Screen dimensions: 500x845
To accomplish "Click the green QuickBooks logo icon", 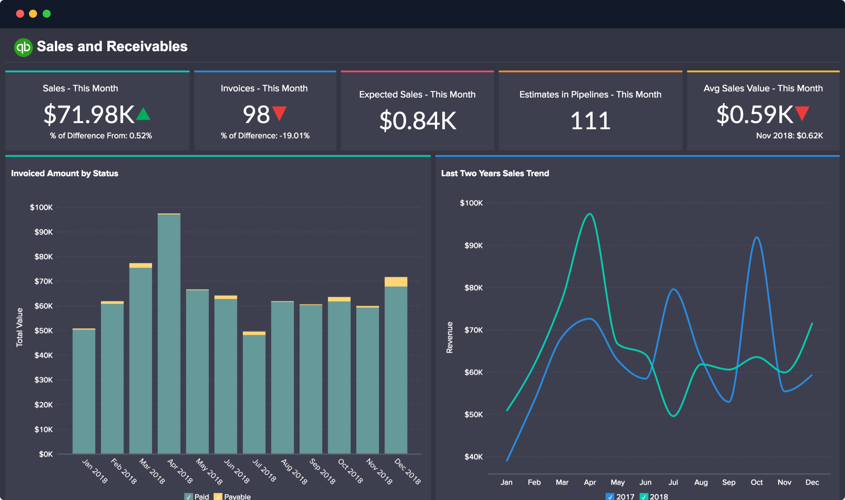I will pos(23,47).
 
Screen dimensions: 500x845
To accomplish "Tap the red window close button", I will pos(20,14).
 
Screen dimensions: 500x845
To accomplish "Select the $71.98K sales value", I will pos(89,114).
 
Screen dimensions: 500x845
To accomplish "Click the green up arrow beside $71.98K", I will pos(143,114).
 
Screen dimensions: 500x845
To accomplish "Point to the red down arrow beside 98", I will pos(280,114).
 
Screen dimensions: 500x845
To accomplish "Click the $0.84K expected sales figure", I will pos(417,120).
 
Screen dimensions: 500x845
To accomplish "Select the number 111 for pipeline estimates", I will pos(590,120).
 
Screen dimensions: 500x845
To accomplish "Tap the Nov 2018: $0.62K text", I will pos(789,136).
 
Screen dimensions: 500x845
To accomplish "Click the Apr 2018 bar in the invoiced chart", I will pos(169,334).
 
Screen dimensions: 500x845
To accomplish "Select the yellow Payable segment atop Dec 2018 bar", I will pos(396,282).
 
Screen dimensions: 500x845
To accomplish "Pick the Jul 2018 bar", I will pos(254,395).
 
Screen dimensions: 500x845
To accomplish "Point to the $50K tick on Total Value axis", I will pos(43,331).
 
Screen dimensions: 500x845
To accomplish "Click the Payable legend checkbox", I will pos(218,496).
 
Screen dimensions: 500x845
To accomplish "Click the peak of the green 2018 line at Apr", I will pos(590,214).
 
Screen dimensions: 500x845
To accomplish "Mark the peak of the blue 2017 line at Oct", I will pos(757,237).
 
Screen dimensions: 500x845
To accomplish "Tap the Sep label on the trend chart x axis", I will pos(729,482).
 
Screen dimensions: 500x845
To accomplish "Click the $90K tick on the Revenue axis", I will pos(473,246).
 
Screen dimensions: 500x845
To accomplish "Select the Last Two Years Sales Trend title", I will pos(495,173).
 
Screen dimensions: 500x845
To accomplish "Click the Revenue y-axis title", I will pos(449,337).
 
